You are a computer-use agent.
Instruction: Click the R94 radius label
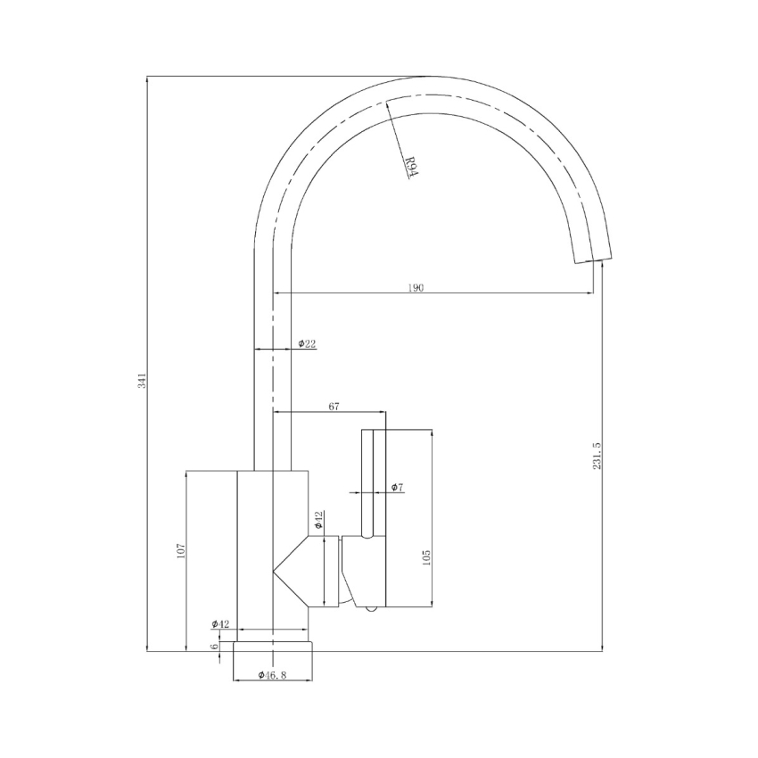[411, 167]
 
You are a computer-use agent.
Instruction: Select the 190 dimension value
[416, 287]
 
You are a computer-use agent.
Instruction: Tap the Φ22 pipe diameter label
[306, 343]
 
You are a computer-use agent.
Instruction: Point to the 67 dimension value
[334, 407]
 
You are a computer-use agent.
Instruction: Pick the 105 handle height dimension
[427, 557]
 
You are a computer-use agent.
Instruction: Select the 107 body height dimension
[179, 552]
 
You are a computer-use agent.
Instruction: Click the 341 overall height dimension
[141, 381]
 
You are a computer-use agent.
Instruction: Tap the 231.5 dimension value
[597, 455]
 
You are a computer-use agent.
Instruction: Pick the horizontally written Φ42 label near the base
[220, 623]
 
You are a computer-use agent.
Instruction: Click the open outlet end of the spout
[592, 259]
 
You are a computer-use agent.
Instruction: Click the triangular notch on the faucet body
[290, 571]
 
